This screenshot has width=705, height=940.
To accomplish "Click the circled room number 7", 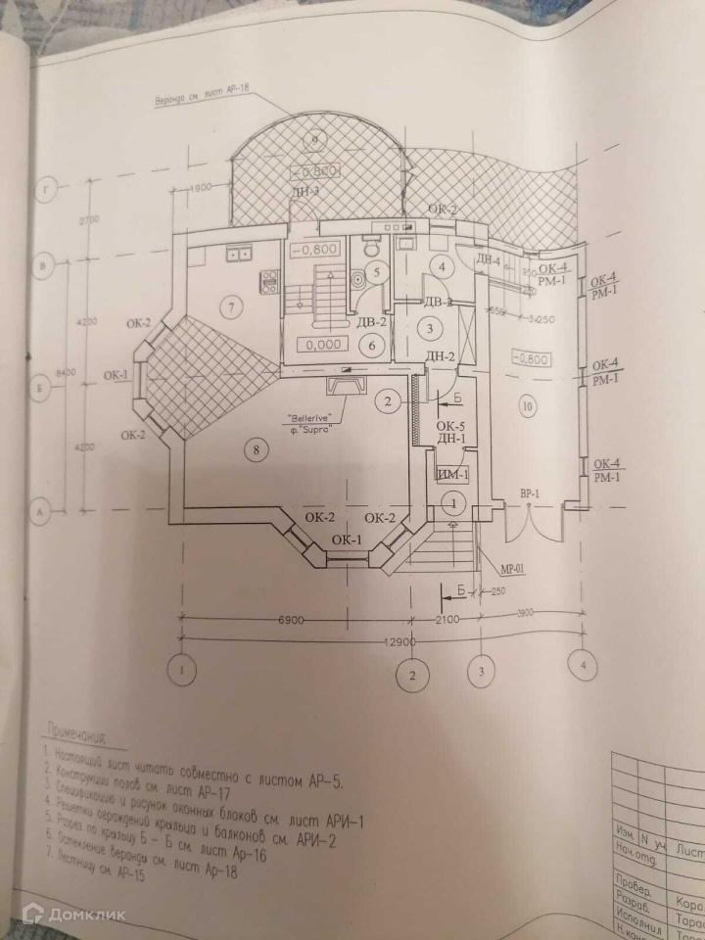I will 231,308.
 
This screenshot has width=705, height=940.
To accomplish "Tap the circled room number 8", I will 255,449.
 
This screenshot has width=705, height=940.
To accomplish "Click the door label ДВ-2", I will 371,322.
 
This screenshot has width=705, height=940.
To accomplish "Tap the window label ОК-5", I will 448,426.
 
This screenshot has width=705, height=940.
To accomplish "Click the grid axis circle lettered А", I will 41,510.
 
